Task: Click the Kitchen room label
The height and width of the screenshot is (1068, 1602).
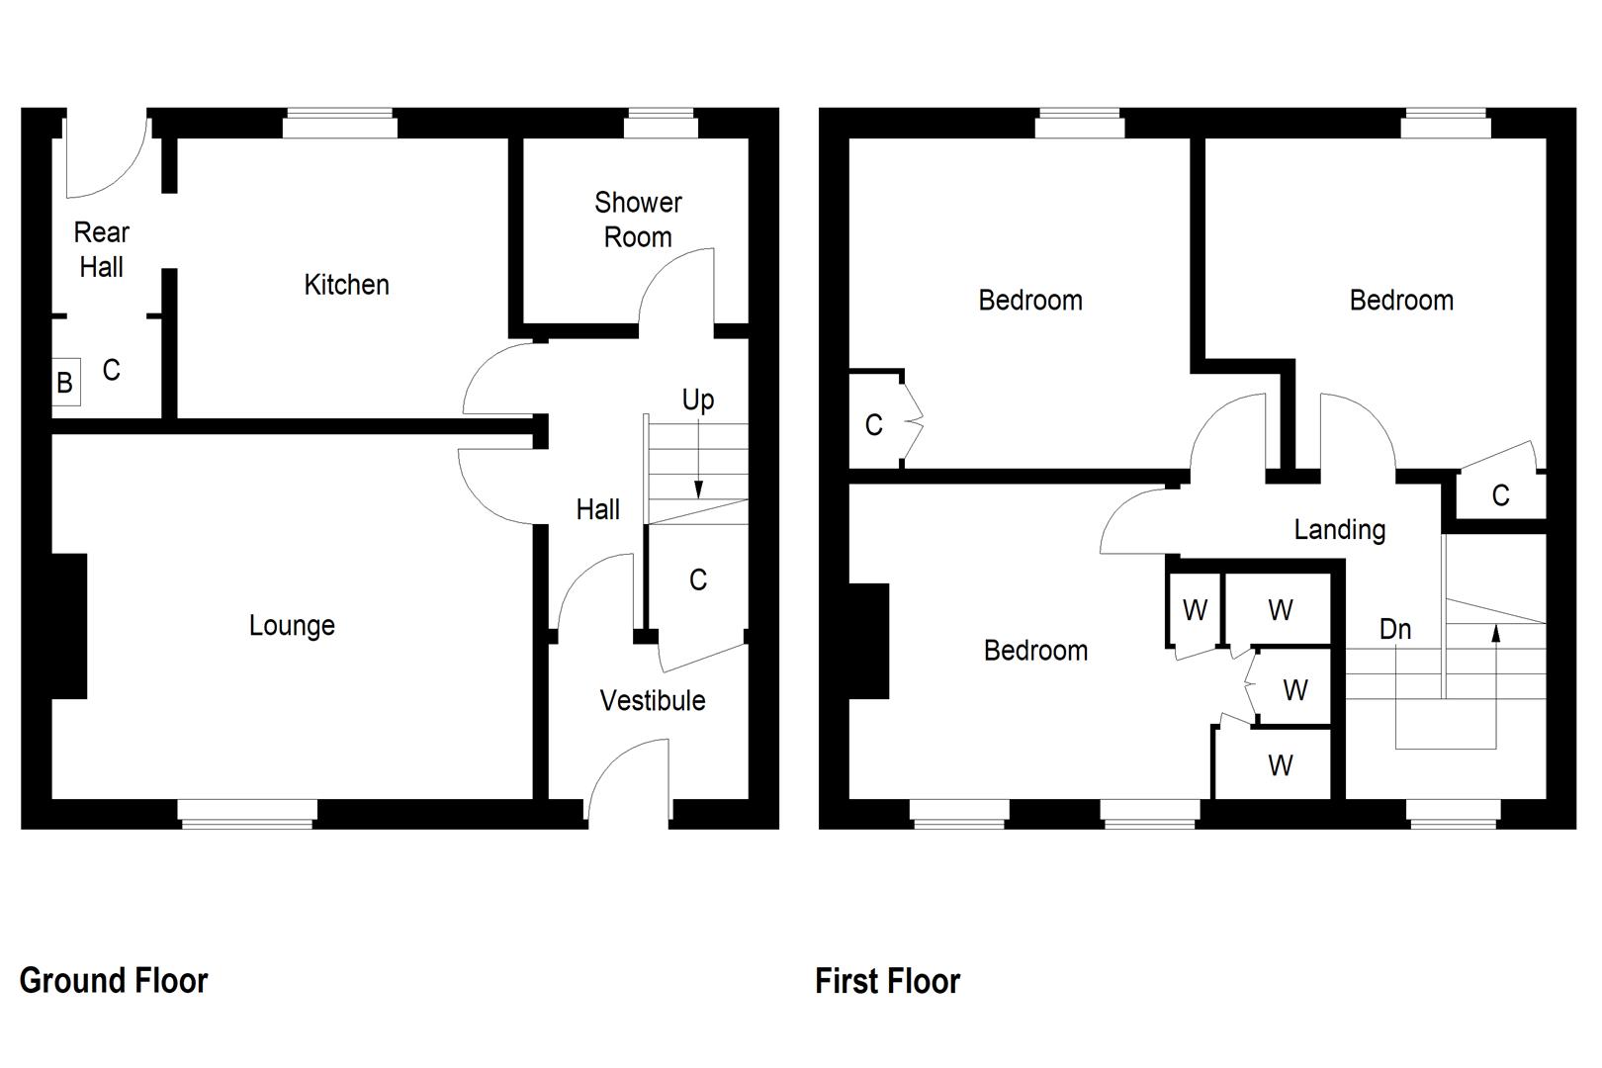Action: click(346, 285)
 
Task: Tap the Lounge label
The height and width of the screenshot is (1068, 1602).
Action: click(292, 625)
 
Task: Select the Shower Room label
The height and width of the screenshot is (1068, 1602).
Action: click(638, 220)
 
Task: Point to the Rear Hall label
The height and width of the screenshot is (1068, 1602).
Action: click(101, 249)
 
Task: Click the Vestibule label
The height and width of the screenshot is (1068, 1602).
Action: click(653, 700)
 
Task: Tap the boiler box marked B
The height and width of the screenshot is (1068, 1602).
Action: click(65, 383)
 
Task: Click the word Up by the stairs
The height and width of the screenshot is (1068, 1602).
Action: click(697, 400)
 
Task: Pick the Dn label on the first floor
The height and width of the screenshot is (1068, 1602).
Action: click(1394, 629)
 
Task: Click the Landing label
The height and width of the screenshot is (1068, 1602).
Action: click(1339, 529)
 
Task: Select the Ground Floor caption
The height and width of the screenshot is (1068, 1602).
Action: click(114, 980)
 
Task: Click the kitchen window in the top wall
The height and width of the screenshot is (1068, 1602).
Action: click(339, 125)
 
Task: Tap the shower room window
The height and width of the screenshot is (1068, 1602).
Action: click(661, 125)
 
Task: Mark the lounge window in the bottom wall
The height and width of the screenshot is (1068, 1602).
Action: click(247, 812)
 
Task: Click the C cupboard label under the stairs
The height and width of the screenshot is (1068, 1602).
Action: click(697, 579)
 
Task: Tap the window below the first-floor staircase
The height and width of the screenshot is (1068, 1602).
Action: click(1453, 812)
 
